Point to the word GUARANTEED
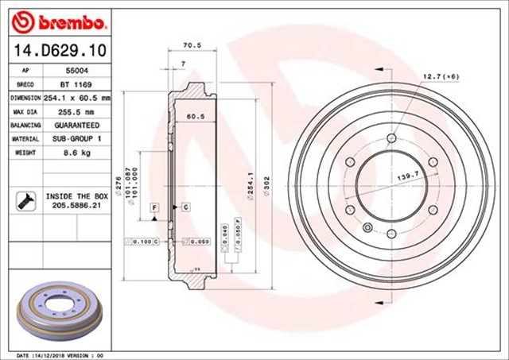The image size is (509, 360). [x=77, y=125]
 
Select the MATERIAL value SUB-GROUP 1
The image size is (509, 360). [x=76, y=138]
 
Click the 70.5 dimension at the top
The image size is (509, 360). [x=192, y=46]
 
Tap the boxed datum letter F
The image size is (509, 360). [x=153, y=207]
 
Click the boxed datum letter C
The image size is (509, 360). [x=185, y=207]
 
